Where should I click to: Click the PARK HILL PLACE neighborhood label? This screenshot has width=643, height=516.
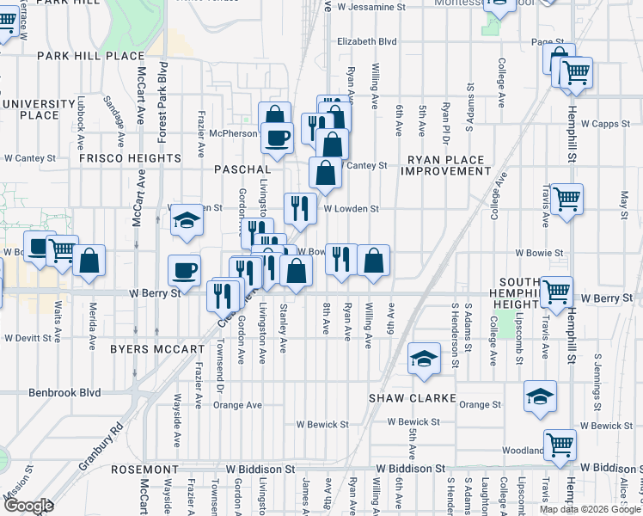[x=90, y=56]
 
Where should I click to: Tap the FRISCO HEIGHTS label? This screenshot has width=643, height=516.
[x=130, y=159]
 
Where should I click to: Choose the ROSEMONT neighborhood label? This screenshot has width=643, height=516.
[x=145, y=470]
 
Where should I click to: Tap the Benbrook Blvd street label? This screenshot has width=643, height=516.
[x=64, y=393]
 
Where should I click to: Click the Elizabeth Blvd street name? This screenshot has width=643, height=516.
[x=367, y=41]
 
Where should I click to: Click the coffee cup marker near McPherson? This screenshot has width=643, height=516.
[x=277, y=138]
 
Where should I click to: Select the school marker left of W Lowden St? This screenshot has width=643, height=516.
[x=185, y=220]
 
